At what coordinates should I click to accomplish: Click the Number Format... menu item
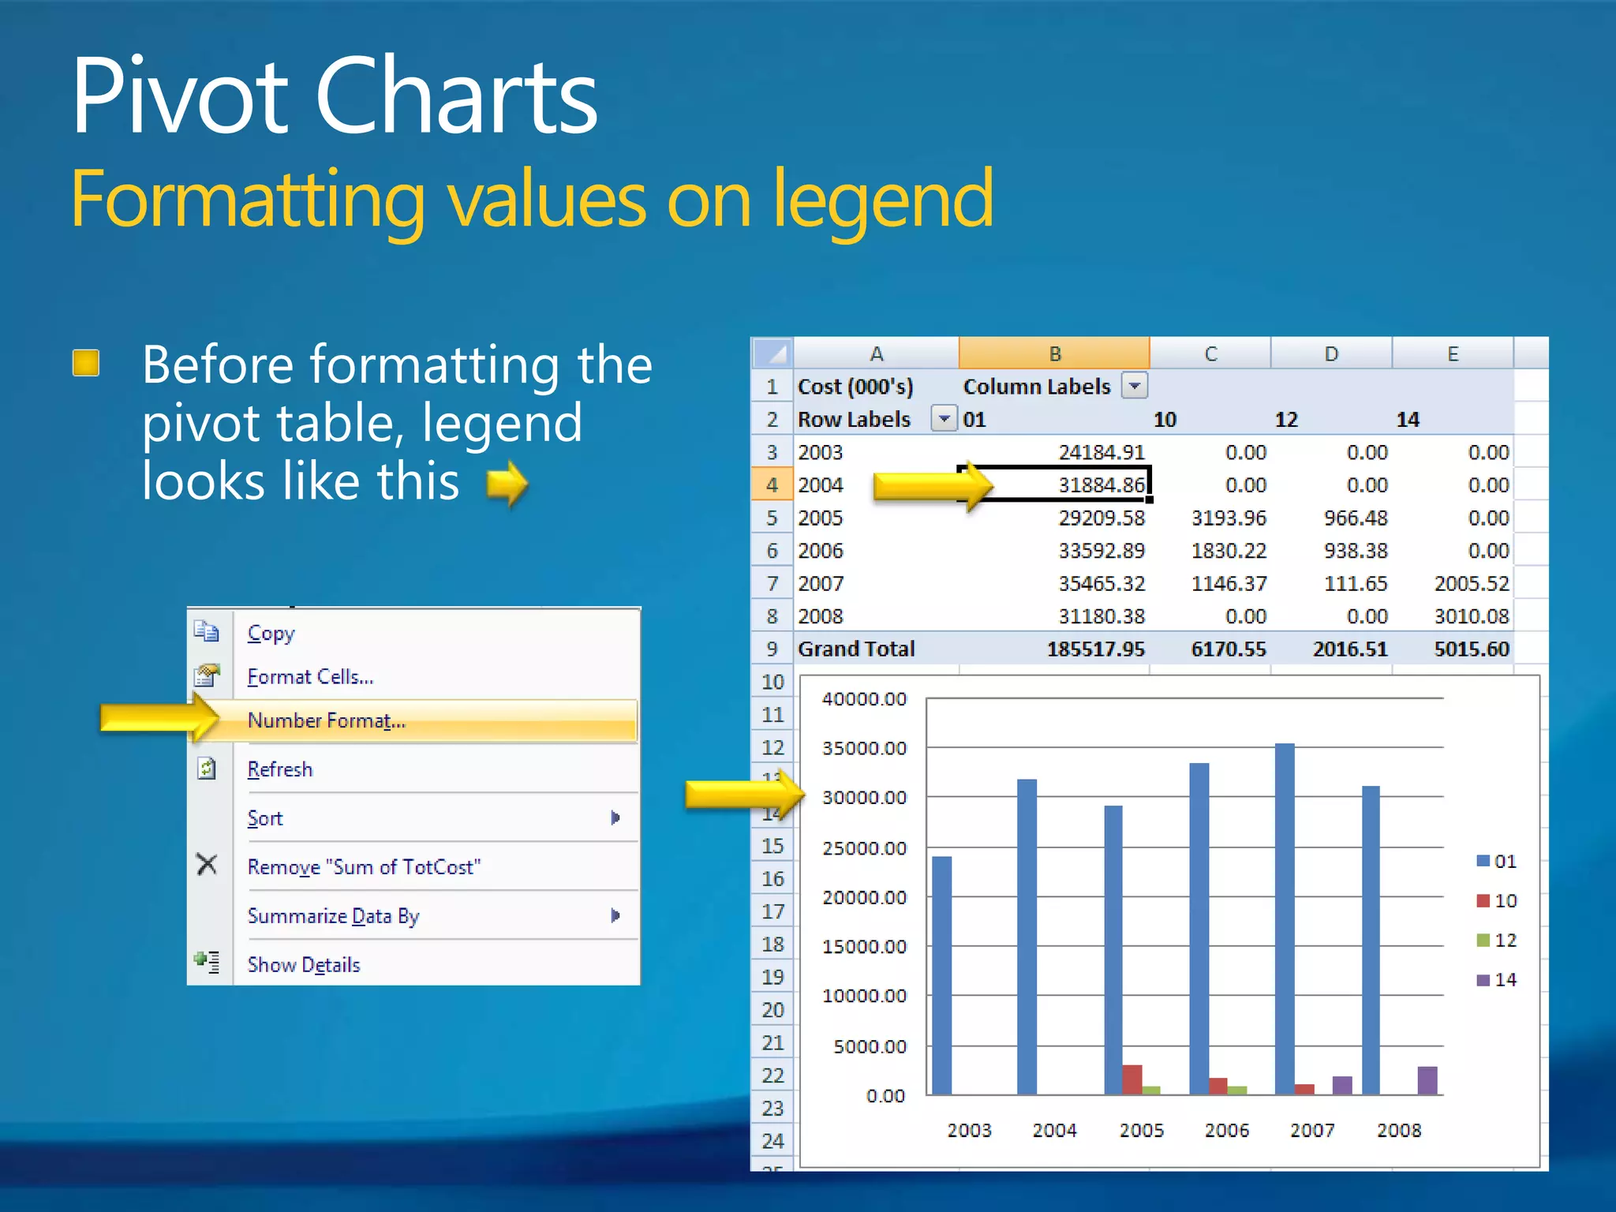(x=327, y=720)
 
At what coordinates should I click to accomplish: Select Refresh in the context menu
(x=280, y=769)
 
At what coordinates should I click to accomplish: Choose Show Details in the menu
(x=304, y=964)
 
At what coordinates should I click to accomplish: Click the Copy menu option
(x=271, y=634)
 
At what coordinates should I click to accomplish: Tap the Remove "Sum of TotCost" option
(x=364, y=867)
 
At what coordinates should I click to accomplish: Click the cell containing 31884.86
(x=1101, y=484)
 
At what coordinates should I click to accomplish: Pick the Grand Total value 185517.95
(x=1095, y=649)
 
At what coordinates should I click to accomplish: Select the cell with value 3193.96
(x=1229, y=518)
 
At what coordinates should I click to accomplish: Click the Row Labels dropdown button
(x=944, y=418)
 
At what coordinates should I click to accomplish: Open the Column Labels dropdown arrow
(x=1135, y=386)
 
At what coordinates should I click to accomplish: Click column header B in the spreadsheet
(x=1054, y=354)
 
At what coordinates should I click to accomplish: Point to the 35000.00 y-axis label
(x=864, y=748)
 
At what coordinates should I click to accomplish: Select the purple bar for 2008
(x=1427, y=1080)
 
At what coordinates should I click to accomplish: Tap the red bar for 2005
(x=1132, y=1079)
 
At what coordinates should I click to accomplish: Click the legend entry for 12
(x=1497, y=940)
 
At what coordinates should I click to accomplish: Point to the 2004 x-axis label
(x=1054, y=1130)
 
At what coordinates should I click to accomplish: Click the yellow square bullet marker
(x=86, y=363)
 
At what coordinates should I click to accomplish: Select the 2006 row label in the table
(x=821, y=551)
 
